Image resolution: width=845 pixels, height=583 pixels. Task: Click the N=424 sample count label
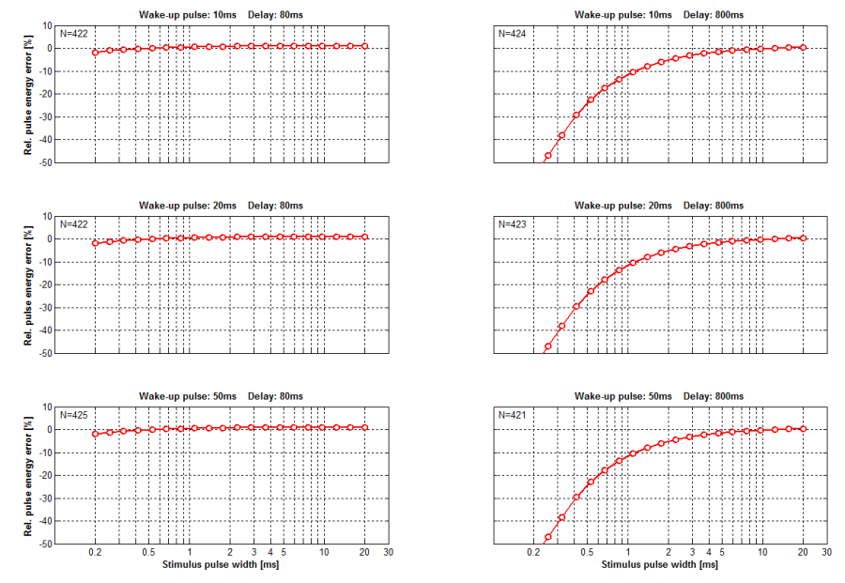pyautogui.click(x=513, y=33)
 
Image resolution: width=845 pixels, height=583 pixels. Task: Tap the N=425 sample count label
pyautogui.click(x=74, y=414)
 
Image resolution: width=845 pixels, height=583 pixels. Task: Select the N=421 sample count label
pyautogui.click(x=513, y=414)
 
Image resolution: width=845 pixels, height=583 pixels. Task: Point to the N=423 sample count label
pyautogui.click(x=513, y=224)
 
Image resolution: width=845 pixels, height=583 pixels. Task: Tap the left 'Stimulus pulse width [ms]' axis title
pyautogui.click(x=221, y=565)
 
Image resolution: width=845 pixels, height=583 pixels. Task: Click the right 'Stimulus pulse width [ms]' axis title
pyautogui.click(x=659, y=565)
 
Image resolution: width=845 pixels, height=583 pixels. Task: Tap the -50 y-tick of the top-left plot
pyautogui.click(x=43, y=162)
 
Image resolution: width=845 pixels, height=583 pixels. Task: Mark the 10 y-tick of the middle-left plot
pyautogui.click(x=47, y=216)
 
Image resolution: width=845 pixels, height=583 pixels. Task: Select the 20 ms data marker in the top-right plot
pyautogui.click(x=803, y=47)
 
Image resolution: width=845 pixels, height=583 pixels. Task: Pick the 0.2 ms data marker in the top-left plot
pyautogui.click(x=95, y=53)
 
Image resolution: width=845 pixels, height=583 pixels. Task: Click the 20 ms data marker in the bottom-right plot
pyautogui.click(x=803, y=428)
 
